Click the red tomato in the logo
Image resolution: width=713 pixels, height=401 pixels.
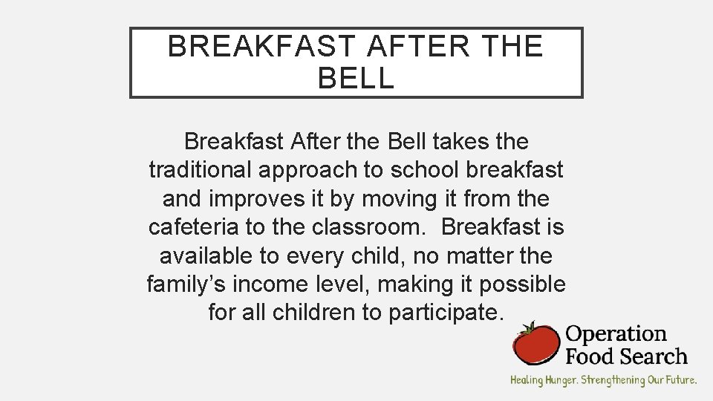[x=536, y=344]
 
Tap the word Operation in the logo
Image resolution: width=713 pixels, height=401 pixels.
[x=616, y=335]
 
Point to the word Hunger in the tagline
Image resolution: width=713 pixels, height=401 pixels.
[x=560, y=380]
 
